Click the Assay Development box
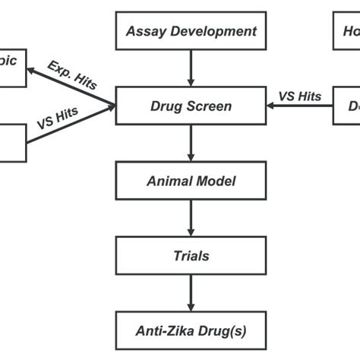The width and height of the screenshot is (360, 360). [x=191, y=31]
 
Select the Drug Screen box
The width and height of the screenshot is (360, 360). [x=191, y=106]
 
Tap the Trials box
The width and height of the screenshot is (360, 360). [x=191, y=256]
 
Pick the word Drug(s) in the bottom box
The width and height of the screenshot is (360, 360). [x=222, y=330]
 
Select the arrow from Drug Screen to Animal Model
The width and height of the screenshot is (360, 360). [x=191, y=144]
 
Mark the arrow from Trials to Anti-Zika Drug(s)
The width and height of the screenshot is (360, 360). [x=191, y=293]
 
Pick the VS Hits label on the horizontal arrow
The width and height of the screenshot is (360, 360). [x=300, y=96]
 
